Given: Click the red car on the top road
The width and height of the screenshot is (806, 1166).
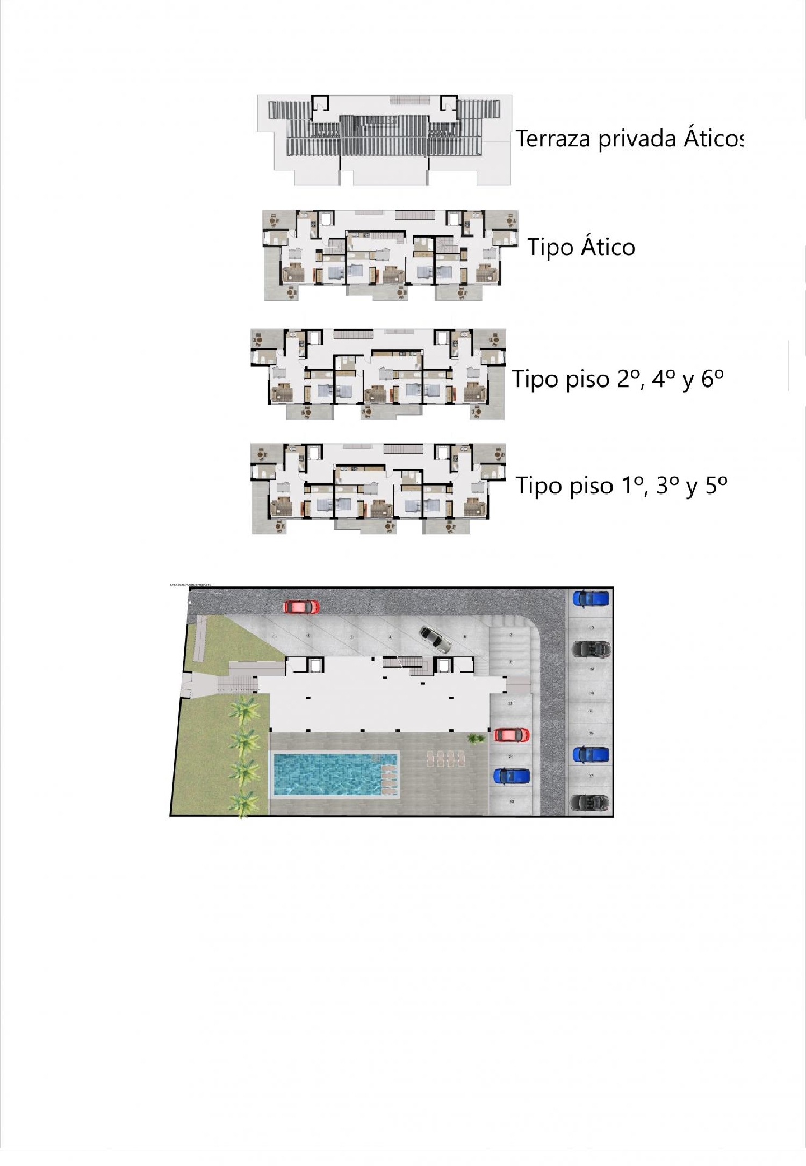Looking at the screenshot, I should click(x=301, y=606).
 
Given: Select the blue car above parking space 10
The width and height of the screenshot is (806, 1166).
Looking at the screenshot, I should click(x=591, y=598).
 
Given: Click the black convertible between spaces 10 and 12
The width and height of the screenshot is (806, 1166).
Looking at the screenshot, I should click(x=591, y=649).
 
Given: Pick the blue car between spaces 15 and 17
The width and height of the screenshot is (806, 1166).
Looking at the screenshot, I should click(x=591, y=755).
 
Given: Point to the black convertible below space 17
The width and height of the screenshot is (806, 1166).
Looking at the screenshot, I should click(x=591, y=803).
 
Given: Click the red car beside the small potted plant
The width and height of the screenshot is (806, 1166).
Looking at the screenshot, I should click(x=512, y=734).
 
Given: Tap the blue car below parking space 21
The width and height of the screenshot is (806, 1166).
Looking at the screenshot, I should click(x=512, y=776).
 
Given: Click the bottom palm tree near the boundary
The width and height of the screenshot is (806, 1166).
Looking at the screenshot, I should click(x=244, y=804).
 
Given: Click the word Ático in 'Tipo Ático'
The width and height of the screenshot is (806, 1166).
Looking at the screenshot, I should click(x=608, y=247).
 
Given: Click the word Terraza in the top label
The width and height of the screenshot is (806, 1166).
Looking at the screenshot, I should click(x=554, y=139).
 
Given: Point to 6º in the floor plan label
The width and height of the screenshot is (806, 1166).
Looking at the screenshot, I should click(x=712, y=379).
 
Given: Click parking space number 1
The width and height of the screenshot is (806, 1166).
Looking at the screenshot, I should click(x=275, y=636).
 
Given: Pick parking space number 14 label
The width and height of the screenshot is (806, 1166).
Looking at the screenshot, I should click(x=591, y=711).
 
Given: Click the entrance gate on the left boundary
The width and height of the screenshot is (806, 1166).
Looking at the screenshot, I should click(x=186, y=685).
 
